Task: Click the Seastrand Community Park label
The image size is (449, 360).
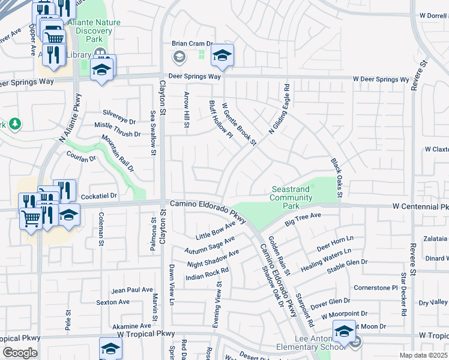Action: [291, 197]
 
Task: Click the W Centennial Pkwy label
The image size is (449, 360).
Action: [420, 206]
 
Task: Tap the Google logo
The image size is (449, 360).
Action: [19, 353]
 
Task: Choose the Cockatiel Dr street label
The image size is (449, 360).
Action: [98, 196]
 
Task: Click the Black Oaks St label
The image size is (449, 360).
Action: [336, 178]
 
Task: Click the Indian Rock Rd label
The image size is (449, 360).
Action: [207, 274]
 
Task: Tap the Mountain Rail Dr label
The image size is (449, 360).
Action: [118, 154]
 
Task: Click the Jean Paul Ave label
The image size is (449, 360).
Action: [132, 289]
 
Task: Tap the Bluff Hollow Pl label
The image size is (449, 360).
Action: [220, 119]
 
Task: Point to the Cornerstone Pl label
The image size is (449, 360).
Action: [376, 287]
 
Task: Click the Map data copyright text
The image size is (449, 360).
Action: [424, 355]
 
